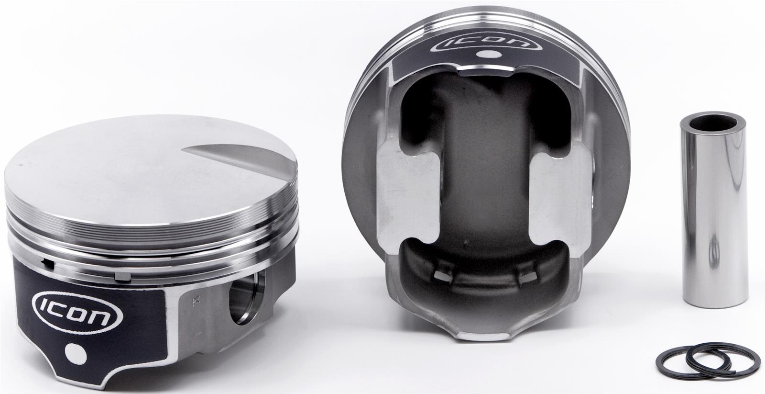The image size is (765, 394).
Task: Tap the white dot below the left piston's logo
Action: pos(76,353)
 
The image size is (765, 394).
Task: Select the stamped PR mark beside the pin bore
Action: pos(197,301)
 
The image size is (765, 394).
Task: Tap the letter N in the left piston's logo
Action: pos(102,317)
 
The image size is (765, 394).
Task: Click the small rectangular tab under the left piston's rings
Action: pos(122,276)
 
